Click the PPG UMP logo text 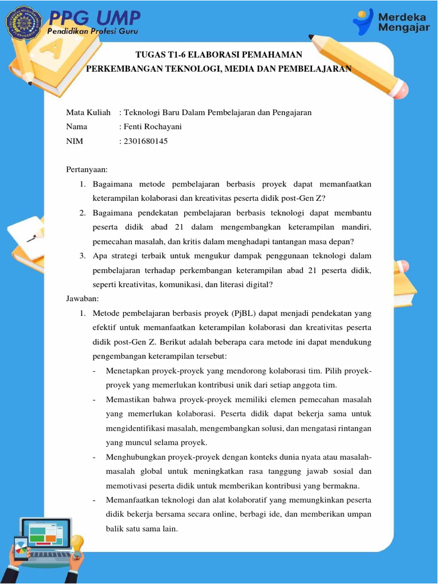94,18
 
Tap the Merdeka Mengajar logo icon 362,22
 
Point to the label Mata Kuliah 88,112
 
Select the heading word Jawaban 83,298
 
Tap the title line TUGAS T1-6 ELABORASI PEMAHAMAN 218,55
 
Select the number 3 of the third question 82,255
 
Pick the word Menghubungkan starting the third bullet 135,457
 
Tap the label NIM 75,141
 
